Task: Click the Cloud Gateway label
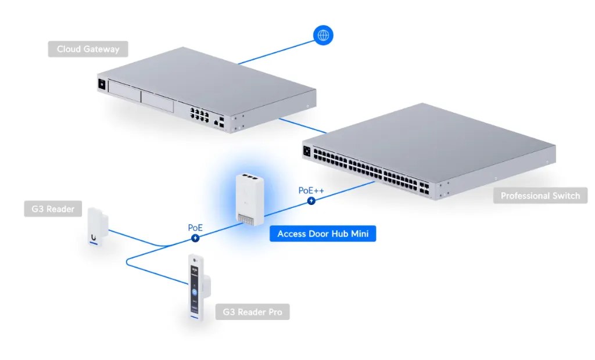(x=88, y=49)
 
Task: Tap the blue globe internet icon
(x=323, y=35)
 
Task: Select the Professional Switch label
(x=540, y=196)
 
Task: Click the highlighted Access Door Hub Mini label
(x=322, y=234)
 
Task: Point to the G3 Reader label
(x=53, y=208)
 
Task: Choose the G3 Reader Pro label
(x=252, y=312)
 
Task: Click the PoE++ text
(x=311, y=190)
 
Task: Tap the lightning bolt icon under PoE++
(x=312, y=201)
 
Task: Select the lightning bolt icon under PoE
(x=196, y=238)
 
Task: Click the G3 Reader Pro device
(x=196, y=287)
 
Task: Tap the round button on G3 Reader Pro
(x=195, y=292)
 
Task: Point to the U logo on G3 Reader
(x=94, y=236)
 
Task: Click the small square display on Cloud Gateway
(x=102, y=84)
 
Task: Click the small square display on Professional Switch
(x=306, y=152)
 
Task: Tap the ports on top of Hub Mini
(x=249, y=175)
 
